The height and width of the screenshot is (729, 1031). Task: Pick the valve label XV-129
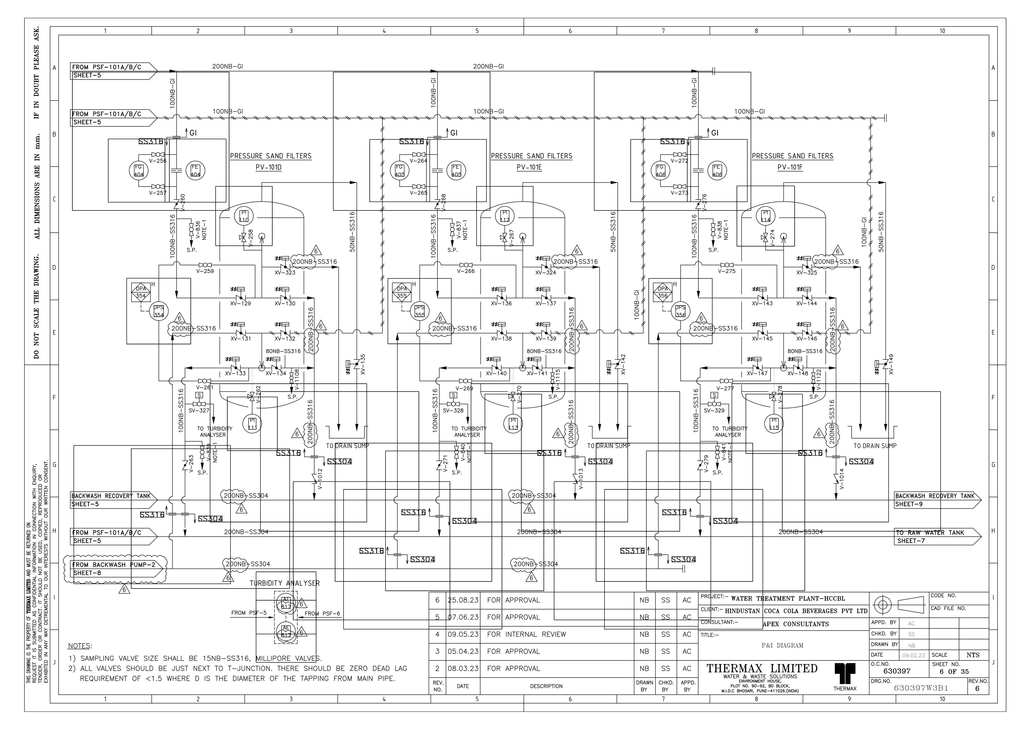[x=241, y=303]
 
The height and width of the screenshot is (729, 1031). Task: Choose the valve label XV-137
[x=546, y=303]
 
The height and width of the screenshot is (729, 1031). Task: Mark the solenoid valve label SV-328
[x=453, y=410]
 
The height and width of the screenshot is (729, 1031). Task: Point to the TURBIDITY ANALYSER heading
[x=285, y=583]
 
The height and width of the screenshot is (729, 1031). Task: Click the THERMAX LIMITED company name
[x=762, y=668]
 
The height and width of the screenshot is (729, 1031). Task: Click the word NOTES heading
[x=80, y=646]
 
